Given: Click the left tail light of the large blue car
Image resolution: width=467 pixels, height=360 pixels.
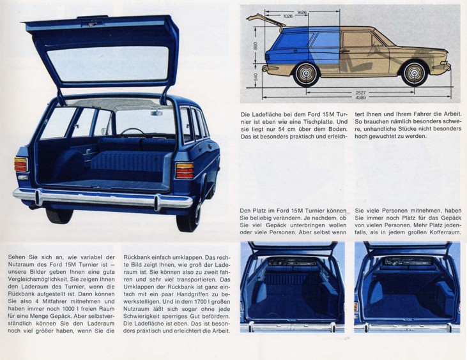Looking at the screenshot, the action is tap(21, 165).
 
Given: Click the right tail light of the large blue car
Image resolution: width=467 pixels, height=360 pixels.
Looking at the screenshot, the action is tap(185, 170).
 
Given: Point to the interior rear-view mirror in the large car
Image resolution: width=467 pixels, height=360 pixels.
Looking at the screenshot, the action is tap(157, 113).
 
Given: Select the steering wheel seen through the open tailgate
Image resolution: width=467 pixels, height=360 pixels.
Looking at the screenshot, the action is tap(132, 132).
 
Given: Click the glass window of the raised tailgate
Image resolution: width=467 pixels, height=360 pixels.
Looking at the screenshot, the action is tap(108, 64).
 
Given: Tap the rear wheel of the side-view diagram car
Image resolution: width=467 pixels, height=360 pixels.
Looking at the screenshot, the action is tap(307, 73).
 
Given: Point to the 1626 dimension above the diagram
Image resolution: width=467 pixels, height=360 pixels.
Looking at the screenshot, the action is tap(302, 12).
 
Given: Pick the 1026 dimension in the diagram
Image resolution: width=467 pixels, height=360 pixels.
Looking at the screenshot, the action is tap(287, 17).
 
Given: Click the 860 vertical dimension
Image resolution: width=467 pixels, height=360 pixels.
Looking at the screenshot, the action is tap(256, 46).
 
